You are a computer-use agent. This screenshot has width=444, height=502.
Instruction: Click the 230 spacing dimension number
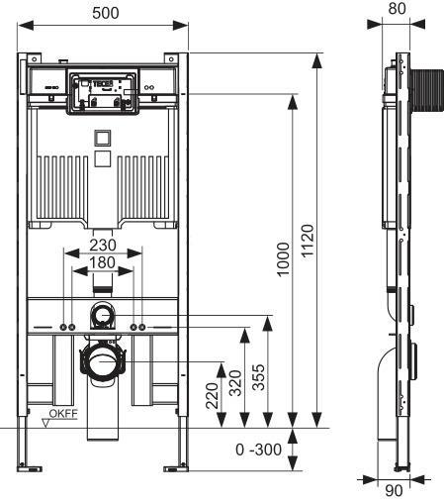103,245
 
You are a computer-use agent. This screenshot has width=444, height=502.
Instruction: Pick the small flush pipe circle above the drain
104,316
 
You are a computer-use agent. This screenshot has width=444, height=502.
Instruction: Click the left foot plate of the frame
28,465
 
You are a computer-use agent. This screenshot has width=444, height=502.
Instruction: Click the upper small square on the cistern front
104,137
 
